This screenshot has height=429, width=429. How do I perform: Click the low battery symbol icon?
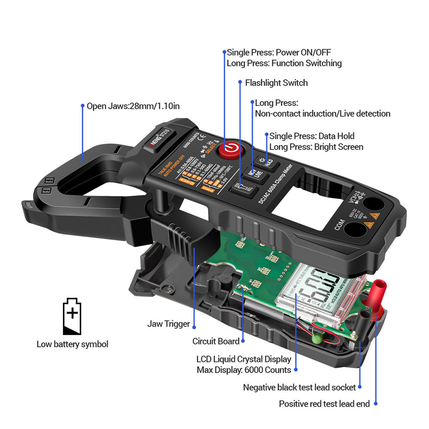(72, 316)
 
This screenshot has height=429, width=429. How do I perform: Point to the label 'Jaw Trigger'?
(168, 324)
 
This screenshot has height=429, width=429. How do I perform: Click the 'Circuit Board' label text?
(216, 341)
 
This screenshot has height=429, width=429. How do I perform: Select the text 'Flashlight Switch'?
(276, 83)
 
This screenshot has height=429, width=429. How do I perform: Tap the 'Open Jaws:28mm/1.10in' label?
(133, 106)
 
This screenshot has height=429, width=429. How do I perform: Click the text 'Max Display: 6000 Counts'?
(244, 370)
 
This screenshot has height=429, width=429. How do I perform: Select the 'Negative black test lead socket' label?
(299, 387)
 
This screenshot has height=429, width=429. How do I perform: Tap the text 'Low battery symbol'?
(72, 344)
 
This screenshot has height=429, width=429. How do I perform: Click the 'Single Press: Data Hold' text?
(312, 136)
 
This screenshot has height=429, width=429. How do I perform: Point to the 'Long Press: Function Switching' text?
(284, 63)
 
